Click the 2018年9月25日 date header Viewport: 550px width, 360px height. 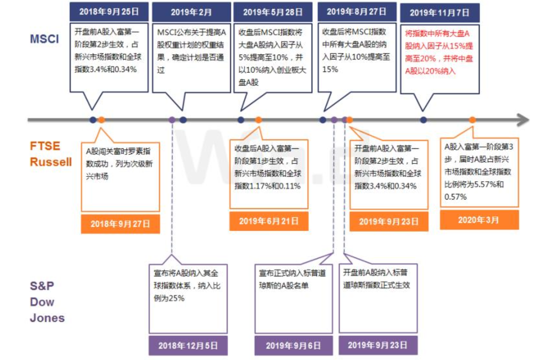point(109,12)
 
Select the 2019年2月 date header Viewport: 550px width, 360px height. point(191,12)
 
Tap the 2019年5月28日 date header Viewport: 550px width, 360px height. point(273,12)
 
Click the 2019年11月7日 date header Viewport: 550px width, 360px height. point(439,13)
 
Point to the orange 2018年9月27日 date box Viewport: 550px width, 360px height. point(120,224)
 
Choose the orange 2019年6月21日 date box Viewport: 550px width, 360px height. point(269,221)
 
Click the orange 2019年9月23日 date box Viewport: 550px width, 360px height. point(389,222)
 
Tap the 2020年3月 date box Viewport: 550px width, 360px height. point(479,220)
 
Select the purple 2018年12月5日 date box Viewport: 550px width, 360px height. point(188,346)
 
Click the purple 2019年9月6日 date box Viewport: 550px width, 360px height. point(293,346)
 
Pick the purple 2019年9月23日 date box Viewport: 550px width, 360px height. point(378,345)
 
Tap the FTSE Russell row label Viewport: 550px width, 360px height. point(51,154)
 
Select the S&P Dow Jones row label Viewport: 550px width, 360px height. point(47,302)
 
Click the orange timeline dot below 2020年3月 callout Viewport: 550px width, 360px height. point(472,120)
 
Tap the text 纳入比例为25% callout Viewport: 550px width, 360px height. point(187,286)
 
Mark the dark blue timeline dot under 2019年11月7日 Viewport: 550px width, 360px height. point(423,120)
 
